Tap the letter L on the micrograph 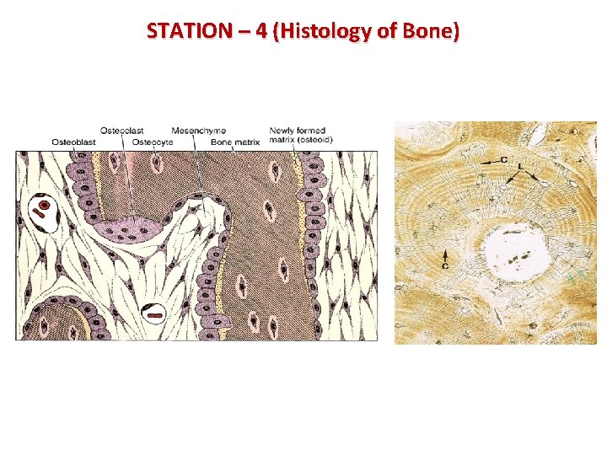520,166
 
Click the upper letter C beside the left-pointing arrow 503,159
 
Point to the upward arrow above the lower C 445,254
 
